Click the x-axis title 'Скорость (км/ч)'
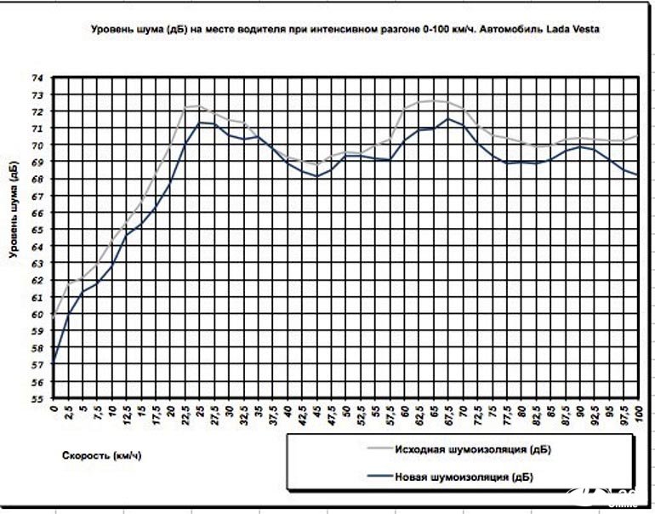[x=101, y=455]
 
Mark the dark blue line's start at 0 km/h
[x=54, y=363]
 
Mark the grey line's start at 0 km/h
[x=54, y=314]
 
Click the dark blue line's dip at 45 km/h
[x=316, y=176]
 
